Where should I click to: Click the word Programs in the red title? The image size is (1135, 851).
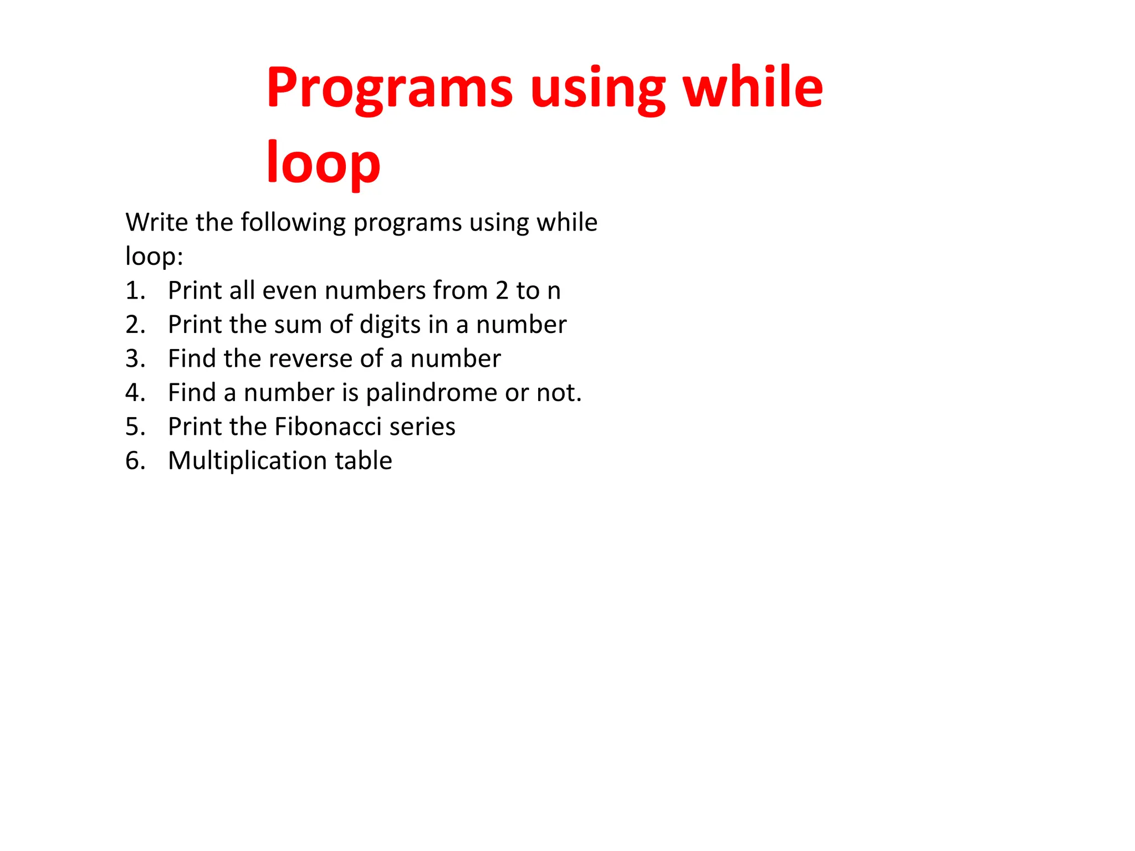(x=390, y=89)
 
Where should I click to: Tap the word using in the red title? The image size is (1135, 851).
(x=597, y=89)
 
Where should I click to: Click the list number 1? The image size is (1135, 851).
(x=135, y=291)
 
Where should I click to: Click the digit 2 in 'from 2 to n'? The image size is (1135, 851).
(x=502, y=291)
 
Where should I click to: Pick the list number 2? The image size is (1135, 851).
(x=135, y=325)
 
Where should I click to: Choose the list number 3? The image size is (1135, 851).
(x=135, y=359)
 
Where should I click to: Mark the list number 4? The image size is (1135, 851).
(x=135, y=393)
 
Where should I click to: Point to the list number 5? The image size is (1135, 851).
(x=135, y=427)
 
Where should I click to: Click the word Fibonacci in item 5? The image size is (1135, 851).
(x=328, y=427)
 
